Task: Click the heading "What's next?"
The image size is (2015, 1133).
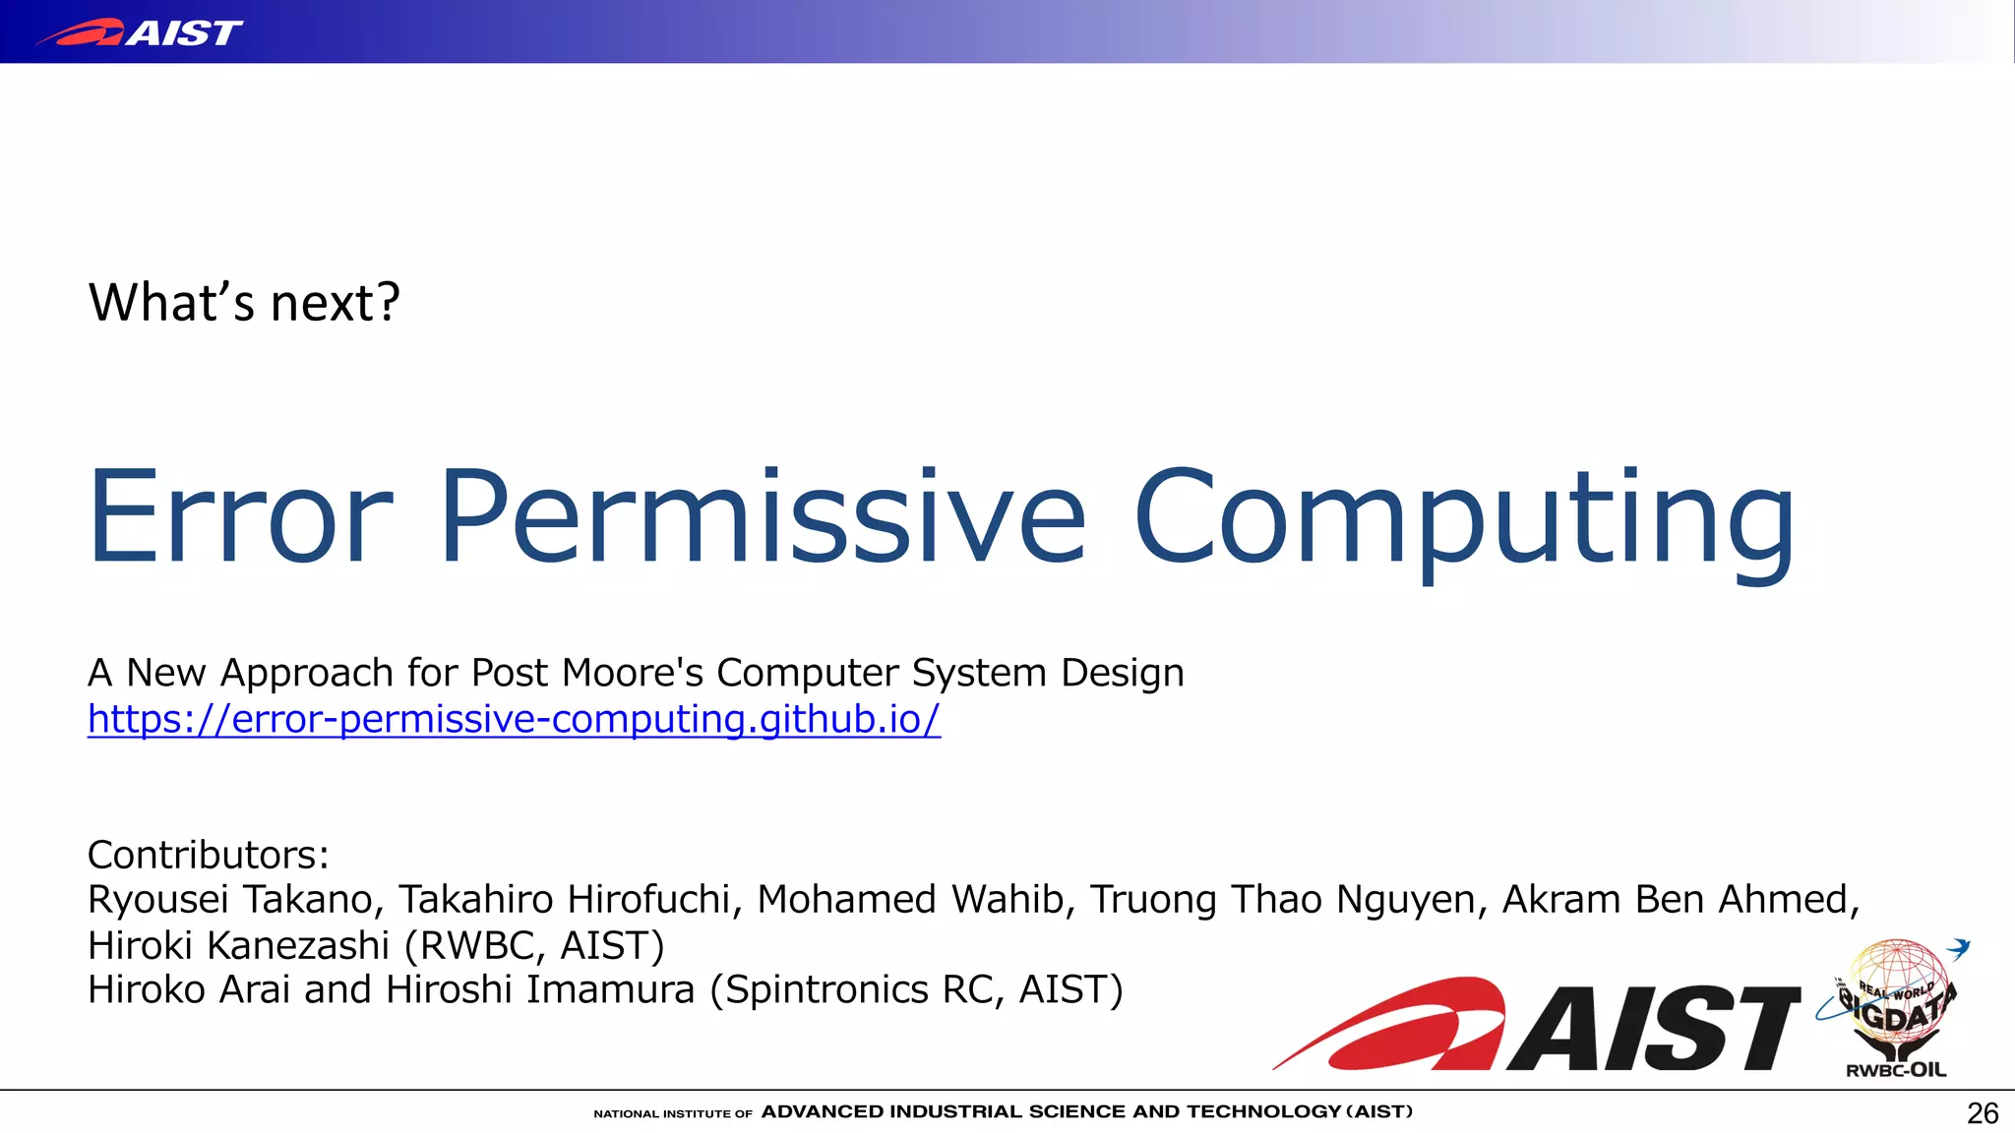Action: tap(244, 303)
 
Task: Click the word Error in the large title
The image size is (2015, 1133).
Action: tap(241, 517)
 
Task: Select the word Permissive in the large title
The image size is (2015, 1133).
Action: tap(763, 517)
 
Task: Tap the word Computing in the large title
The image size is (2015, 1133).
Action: tap(1464, 521)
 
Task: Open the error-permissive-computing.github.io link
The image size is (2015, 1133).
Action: tap(514, 719)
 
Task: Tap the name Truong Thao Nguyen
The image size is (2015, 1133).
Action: tap(1285, 900)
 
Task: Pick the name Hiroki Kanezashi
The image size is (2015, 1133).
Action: tap(238, 945)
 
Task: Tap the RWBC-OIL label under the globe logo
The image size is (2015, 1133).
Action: tap(1895, 1070)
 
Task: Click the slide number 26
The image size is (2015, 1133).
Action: tap(1982, 1113)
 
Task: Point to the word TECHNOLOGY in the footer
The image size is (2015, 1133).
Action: tap(1263, 1112)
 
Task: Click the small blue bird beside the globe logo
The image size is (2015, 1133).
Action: tap(1959, 948)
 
